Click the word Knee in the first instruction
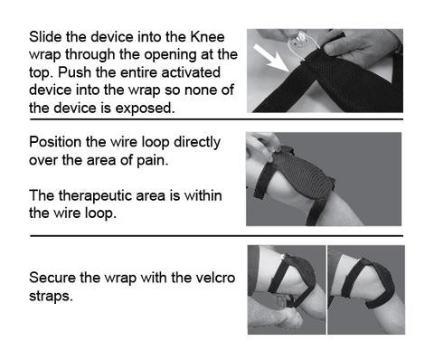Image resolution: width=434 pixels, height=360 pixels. [x=208, y=37]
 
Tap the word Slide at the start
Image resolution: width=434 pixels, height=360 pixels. [x=45, y=37]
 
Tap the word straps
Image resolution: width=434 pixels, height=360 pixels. [x=51, y=296]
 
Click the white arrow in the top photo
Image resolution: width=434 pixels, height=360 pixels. [x=270, y=59]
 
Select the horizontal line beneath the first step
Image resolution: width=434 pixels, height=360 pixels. [x=216, y=119]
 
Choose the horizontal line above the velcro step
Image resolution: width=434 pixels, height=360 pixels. [x=216, y=235]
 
